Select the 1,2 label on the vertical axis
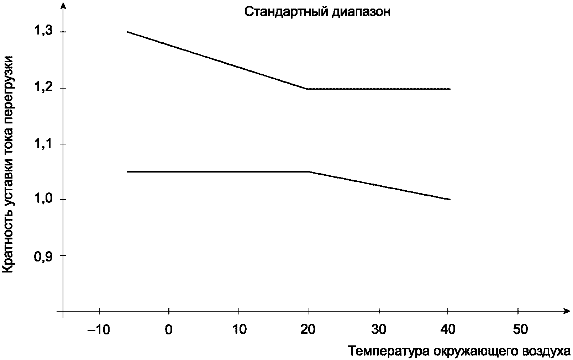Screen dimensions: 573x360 click(43, 88)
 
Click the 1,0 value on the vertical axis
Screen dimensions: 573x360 click(43, 200)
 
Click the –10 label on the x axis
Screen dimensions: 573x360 click(99, 330)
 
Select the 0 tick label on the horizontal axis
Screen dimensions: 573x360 click(169, 330)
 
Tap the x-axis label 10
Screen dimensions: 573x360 click(240, 330)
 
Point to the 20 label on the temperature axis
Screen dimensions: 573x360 click(308, 330)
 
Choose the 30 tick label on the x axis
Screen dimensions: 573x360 click(379, 330)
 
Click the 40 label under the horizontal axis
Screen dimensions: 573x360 click(448, 330)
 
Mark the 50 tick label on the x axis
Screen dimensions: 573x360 click(520, 330)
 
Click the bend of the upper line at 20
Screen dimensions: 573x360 click(307, 89)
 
